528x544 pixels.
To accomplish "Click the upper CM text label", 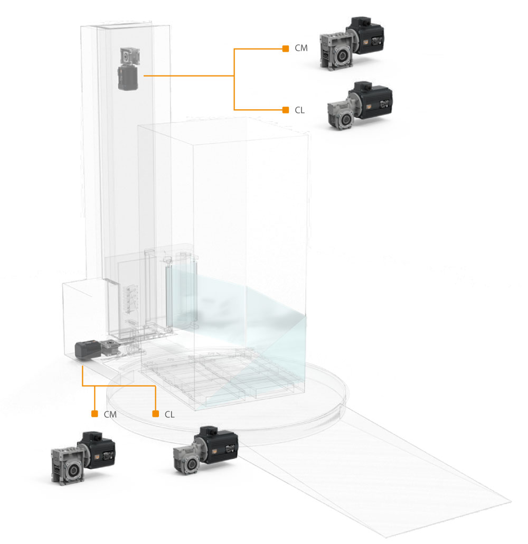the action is pos(301,48).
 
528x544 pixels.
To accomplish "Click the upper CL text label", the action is pos(299,110).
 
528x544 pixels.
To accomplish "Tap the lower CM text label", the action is pos(110,414).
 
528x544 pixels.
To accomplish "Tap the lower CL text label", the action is pos(169,414).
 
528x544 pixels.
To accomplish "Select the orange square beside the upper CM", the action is pos(286,49).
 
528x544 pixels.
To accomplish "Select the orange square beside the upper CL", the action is pos(286,110).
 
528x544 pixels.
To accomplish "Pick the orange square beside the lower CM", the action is pos(95,414).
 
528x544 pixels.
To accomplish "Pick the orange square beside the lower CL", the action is pos(155,414).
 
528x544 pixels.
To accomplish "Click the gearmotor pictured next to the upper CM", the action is pos(352,44).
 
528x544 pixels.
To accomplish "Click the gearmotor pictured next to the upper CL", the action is pos(360,106).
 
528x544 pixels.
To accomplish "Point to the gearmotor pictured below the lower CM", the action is pos(83,458).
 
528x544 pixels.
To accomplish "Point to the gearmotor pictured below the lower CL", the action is pos(206,450).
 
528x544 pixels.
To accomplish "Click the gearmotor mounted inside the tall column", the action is pos(129,69).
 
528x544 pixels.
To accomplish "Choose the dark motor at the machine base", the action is pos(88,350).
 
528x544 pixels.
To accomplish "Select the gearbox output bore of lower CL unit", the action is pos(191,463).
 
